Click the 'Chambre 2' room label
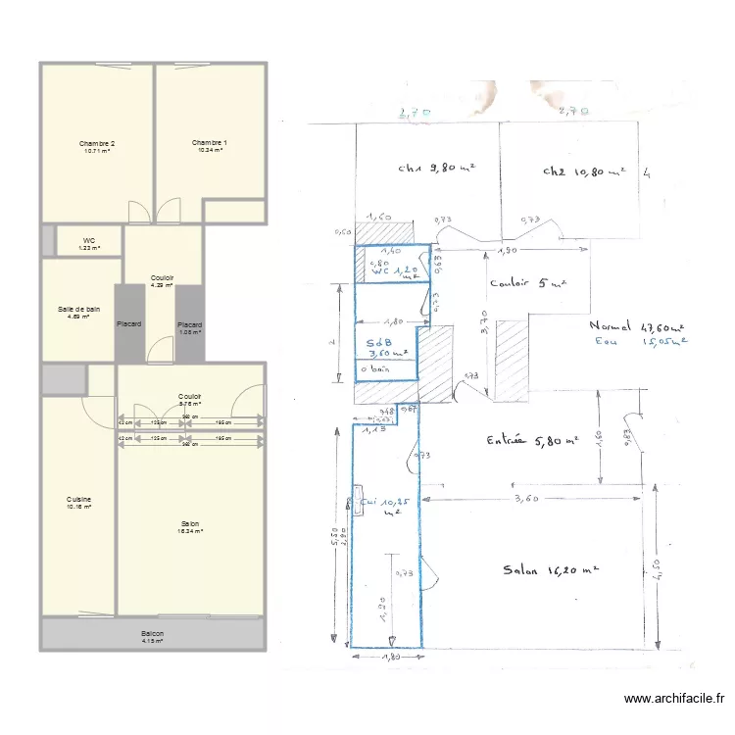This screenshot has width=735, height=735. (97, 144)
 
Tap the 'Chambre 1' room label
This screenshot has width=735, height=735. (210, 144)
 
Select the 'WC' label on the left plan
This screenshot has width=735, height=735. (88, 240)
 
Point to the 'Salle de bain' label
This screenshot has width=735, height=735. (78, 309)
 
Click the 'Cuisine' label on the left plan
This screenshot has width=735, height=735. (78, 499)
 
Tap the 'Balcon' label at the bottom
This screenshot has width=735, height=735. (152, 634)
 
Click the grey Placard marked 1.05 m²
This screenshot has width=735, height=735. (190, 325)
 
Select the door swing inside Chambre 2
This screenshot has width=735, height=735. (139, 211)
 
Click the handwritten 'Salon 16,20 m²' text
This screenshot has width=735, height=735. (550, 570)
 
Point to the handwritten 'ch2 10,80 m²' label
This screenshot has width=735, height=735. (584, 171)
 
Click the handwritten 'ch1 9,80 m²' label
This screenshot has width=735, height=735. (436, 168)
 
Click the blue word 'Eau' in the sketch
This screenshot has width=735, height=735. (608, 342)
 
